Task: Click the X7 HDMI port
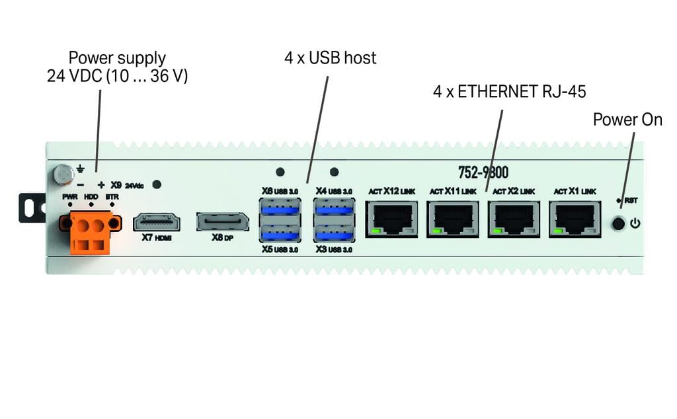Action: point(157,221)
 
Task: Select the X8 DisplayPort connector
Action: point(222,221)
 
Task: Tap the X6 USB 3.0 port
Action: point(280,209)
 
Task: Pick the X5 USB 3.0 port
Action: point(280,233)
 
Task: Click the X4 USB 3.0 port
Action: point(334,209)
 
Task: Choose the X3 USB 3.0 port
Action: point(334,233)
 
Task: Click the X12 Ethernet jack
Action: point(391,219)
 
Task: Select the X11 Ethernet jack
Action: point(453,219)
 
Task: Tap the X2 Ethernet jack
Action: point(514,219)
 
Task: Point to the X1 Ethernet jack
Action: point(575,219)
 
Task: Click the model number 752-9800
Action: point(483,173)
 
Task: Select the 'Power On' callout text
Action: point(627,120)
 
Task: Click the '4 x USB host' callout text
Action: point(330,58)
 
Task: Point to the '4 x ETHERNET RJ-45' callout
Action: point(509,92)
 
